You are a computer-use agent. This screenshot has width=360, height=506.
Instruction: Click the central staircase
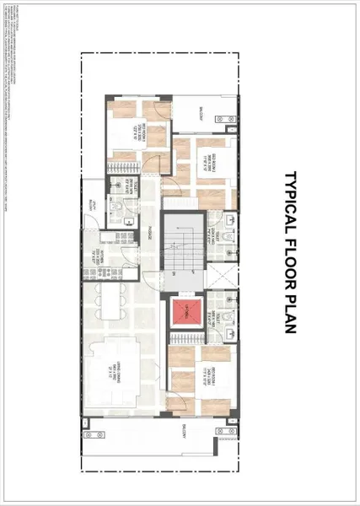pos(182,245)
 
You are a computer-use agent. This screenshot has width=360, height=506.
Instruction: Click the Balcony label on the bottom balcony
pos(182,430)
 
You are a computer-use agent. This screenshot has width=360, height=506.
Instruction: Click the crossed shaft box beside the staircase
pos(218,275)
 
